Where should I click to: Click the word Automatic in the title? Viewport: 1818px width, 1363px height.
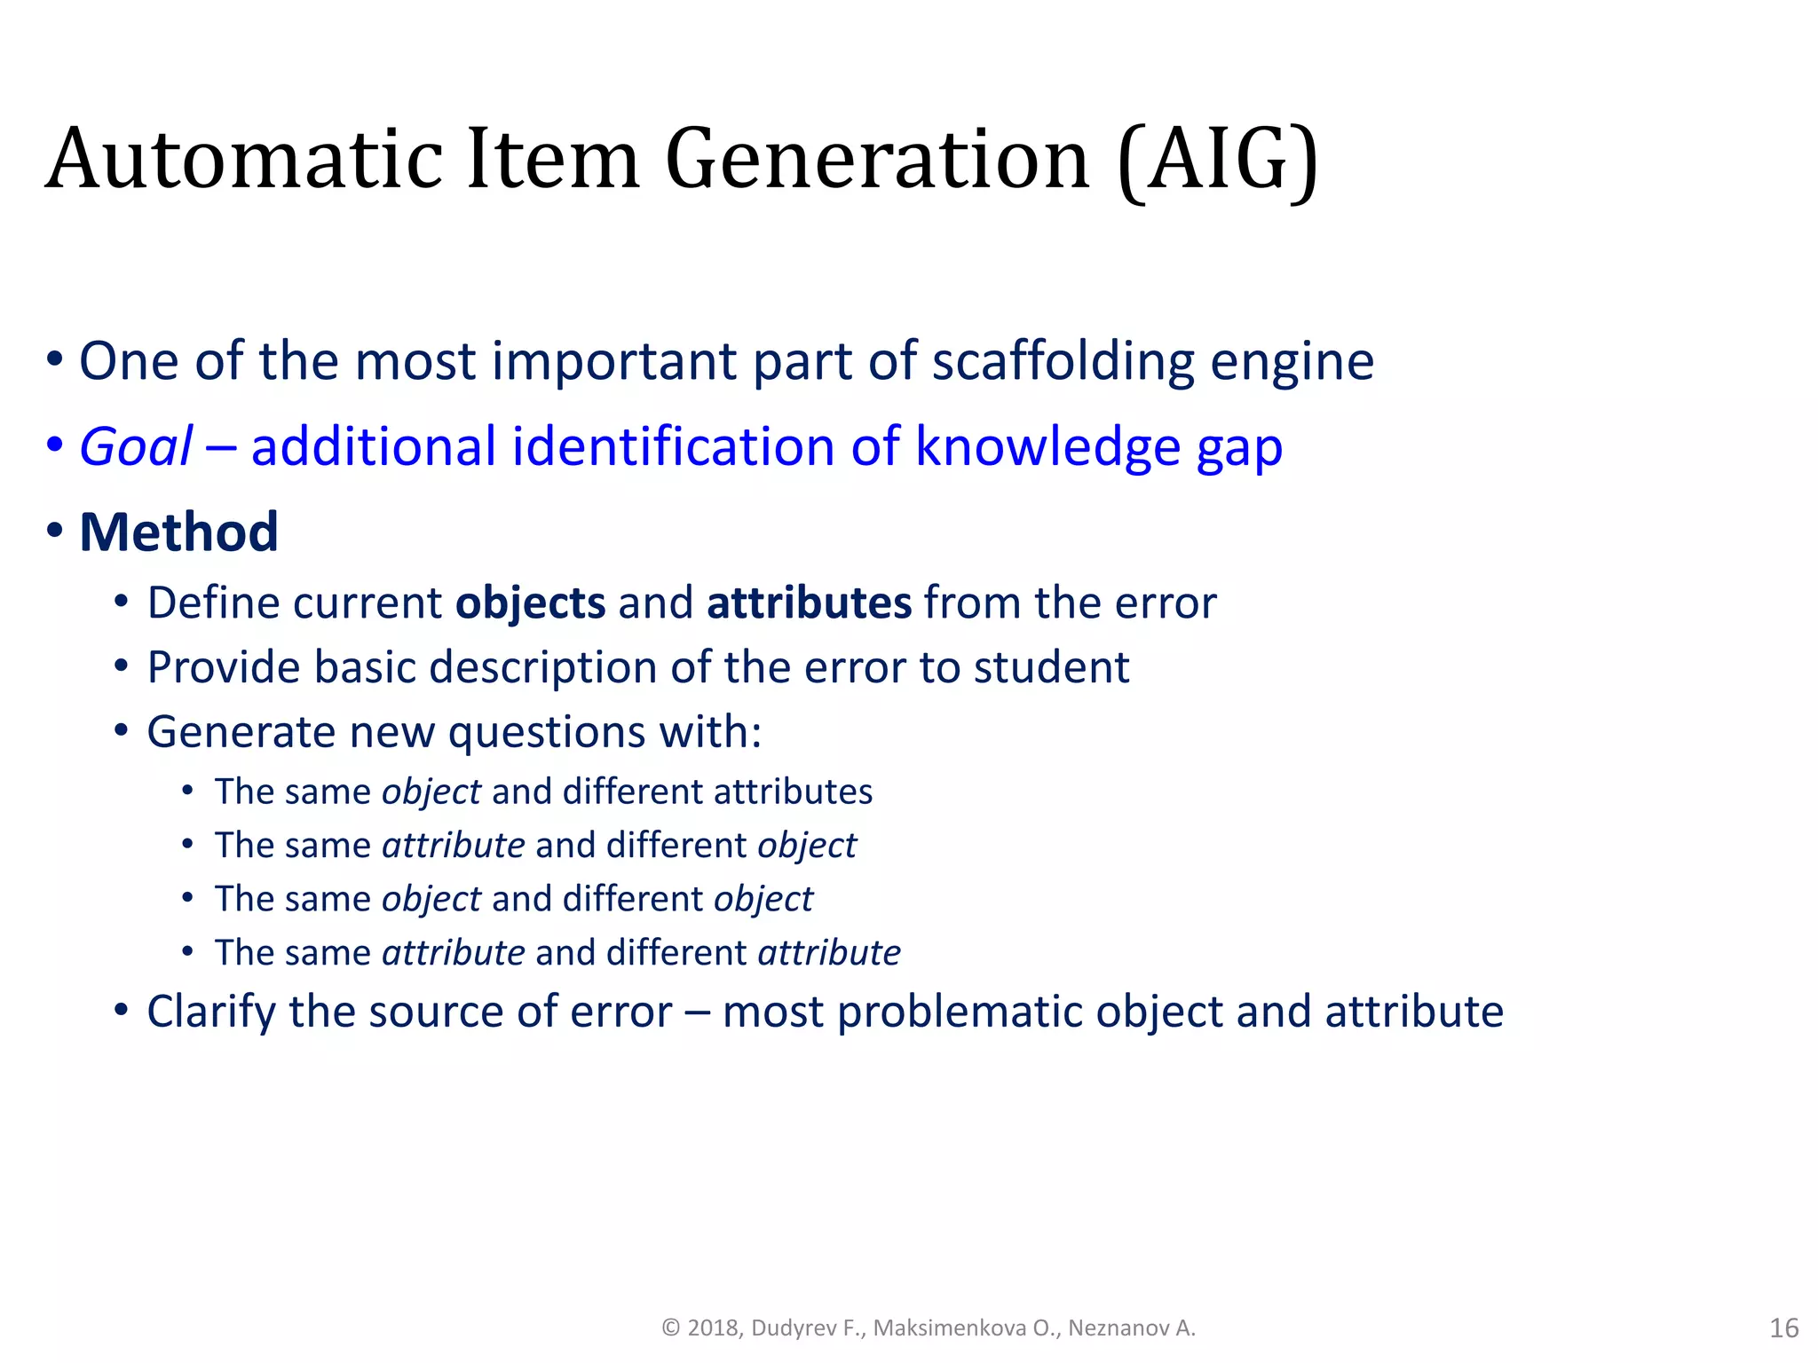(x=244, y=160)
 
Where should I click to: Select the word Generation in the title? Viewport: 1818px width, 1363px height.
(x=877, y=160)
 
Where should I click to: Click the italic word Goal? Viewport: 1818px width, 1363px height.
(x=136, y=446)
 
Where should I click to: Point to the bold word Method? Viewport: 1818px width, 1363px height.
(x=178, y=532)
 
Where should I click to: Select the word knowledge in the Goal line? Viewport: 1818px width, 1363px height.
(x=1047, y=446)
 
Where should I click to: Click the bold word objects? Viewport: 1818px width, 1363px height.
(x=530, y=604)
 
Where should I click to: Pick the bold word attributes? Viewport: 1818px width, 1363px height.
(x=809, y=603)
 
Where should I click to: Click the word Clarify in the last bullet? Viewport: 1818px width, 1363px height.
(x=210, y=1012)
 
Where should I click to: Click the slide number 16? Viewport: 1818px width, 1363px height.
(x=1783, y=1328)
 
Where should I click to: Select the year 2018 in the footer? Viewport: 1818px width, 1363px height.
(x=713, y=1328)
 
